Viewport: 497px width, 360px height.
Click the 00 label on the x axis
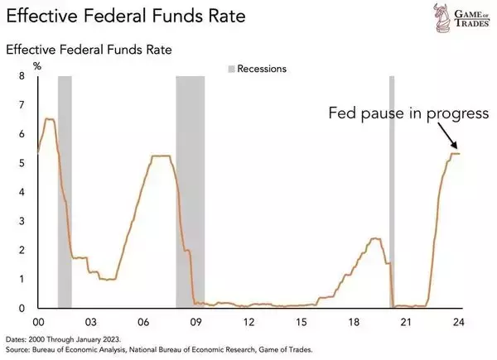point(37,321)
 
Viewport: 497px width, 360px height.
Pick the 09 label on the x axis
point(196,321)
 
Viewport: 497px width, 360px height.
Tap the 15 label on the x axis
point(302,321)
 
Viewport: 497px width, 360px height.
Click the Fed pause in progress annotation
point(408,113)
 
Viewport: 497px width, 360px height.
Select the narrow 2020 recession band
point(392,190)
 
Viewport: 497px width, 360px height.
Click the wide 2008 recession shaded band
point(190,190)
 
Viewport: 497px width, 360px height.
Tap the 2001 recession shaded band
point(65,190)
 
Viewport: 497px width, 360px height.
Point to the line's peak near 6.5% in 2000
point(49,119)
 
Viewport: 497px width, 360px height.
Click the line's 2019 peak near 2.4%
point(375,238)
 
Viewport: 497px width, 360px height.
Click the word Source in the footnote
point(21,350)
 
